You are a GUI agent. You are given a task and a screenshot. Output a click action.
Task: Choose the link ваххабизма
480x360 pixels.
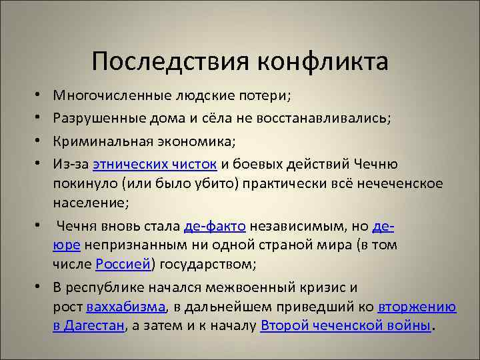click(x=126, y=307)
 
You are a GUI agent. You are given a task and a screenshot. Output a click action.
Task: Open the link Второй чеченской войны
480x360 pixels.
click(x=346, y=325)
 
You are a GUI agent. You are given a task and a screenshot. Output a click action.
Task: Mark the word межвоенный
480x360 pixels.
click(x=249, y=288)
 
